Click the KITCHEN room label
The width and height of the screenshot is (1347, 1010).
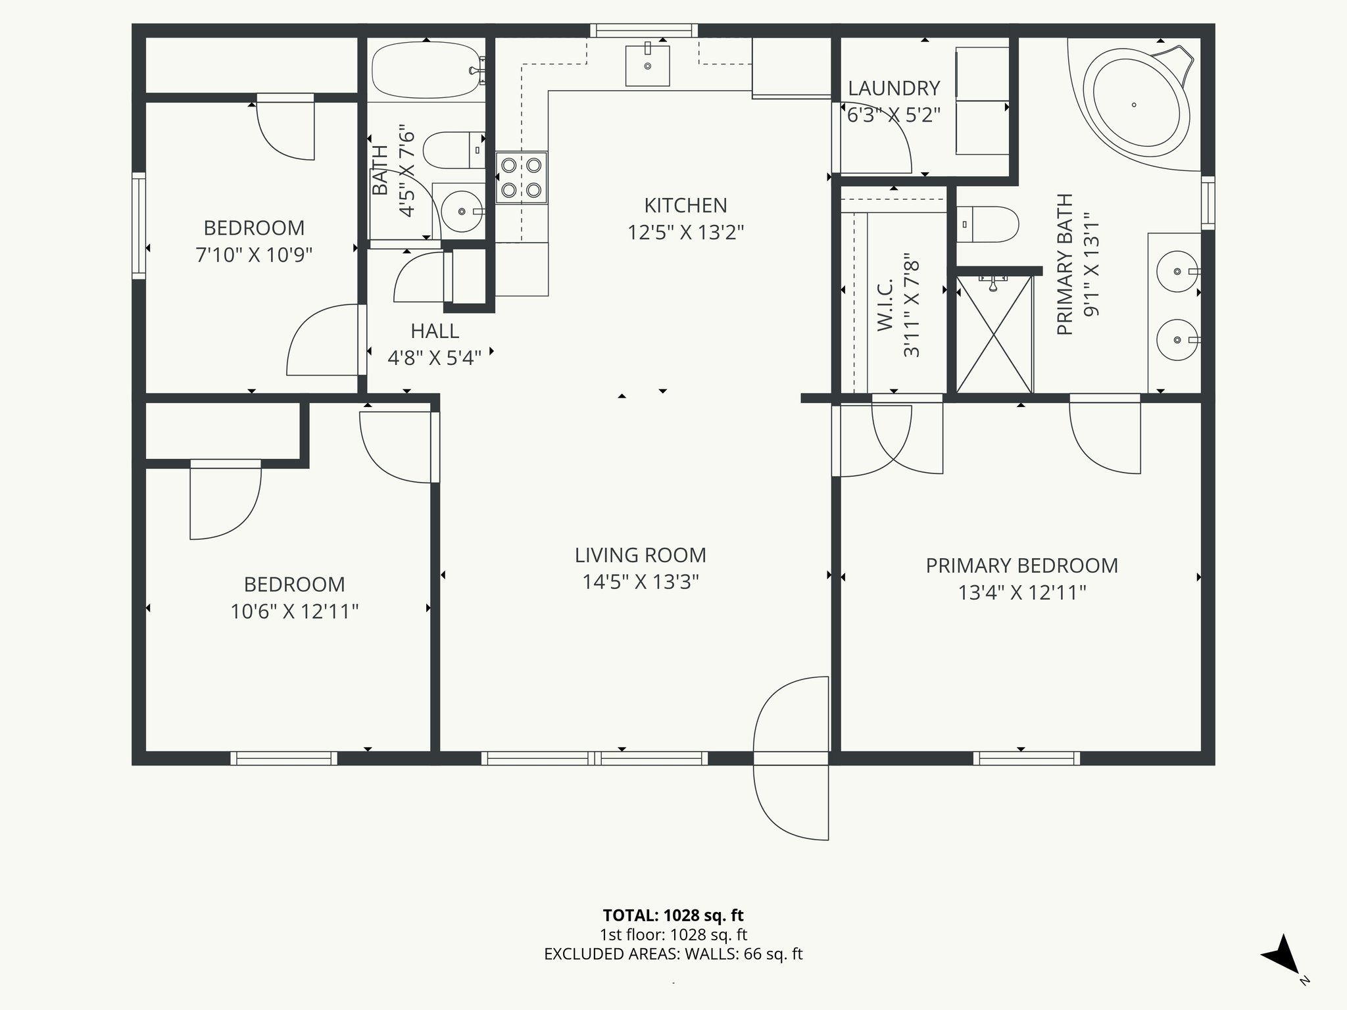point(685,206)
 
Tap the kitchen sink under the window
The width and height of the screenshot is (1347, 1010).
point(647,66)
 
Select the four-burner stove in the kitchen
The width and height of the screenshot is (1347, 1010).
point(522,178)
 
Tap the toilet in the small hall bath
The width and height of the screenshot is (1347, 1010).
point(453,150)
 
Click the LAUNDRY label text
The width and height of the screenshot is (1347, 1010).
point(893,88)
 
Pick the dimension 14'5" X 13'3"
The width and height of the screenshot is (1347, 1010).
point(640,582)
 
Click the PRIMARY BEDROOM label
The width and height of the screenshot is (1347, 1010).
point(1021,565)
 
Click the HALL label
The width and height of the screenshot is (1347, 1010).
point(434,331)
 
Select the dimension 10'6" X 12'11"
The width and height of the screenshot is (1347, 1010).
point(294,612)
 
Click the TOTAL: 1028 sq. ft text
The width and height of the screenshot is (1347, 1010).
point(673,915)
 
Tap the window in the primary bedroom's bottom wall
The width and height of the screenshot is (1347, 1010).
point(1026,758)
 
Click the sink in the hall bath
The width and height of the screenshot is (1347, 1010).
point(461,211)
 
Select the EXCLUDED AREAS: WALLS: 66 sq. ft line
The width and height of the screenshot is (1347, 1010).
point(673,954)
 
